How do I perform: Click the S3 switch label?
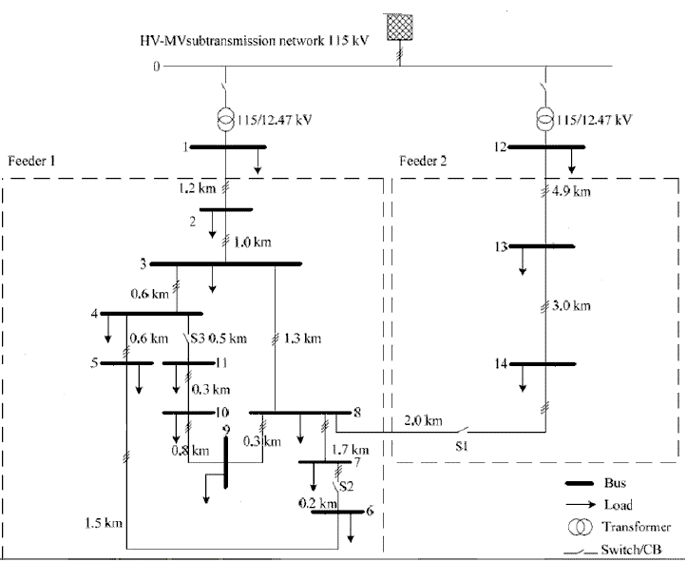coord(198,338)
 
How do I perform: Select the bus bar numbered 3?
coord(226,263)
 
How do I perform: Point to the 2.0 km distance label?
coord(422,421)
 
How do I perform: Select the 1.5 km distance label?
coord(102,522)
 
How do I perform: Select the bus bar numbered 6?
coord(337,512)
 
